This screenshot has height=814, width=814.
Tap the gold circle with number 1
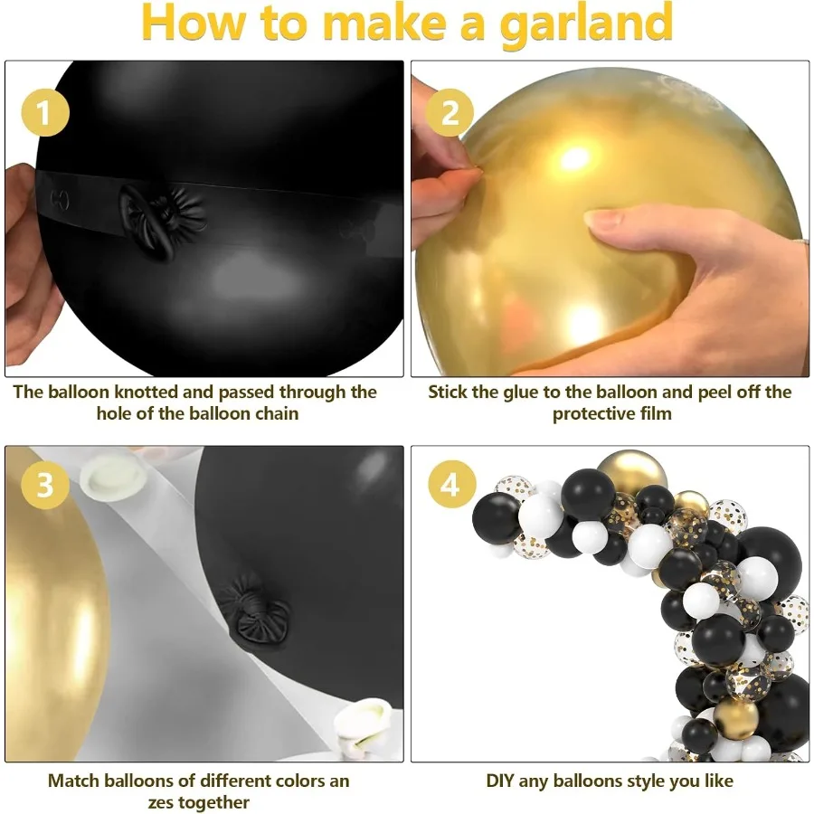click(x=42, y=116)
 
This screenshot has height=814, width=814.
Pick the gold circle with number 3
click(x=42, y=486)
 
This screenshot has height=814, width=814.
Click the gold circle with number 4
click(x=450, y=485)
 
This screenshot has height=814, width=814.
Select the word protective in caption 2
click(x=593, y=414)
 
